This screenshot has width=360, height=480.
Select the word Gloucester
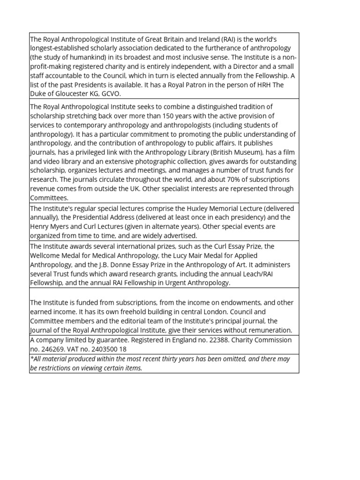point(68,93)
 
